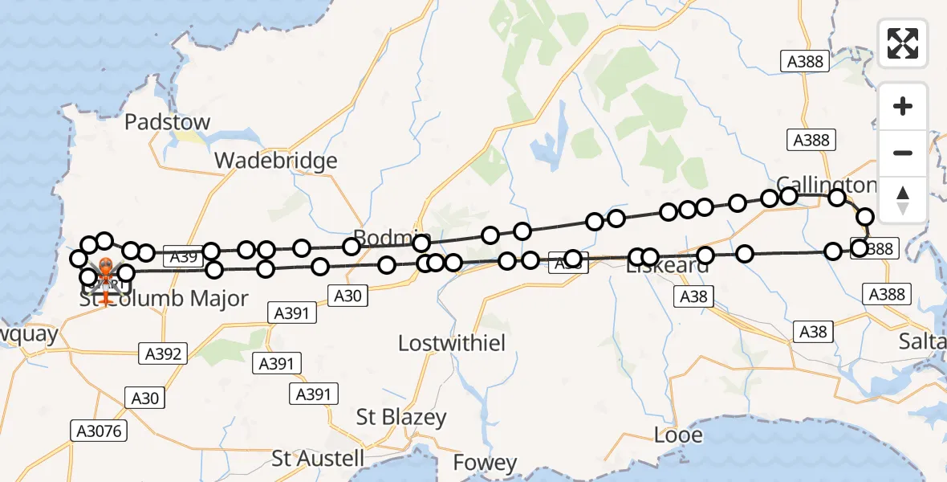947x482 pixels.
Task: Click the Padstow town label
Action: point(168,122)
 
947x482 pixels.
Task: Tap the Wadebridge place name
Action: point(275,161)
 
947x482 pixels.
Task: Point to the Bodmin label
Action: point(392,238)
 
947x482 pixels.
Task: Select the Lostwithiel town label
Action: point(452,343)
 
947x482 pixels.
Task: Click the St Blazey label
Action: point(401,418)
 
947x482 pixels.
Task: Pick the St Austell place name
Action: point(318,459)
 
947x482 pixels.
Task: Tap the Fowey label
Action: point(485,463)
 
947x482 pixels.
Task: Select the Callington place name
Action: point(826,184)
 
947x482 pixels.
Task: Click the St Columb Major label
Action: point(164,299)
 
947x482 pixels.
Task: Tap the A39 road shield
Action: point(183,257)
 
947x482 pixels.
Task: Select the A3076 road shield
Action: point(99,431)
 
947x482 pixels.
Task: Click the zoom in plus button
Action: point(903,106)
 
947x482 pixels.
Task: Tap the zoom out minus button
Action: point(903,153)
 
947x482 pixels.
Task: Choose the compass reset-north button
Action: point(903,199)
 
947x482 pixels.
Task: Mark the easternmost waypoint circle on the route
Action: point(865,217)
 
